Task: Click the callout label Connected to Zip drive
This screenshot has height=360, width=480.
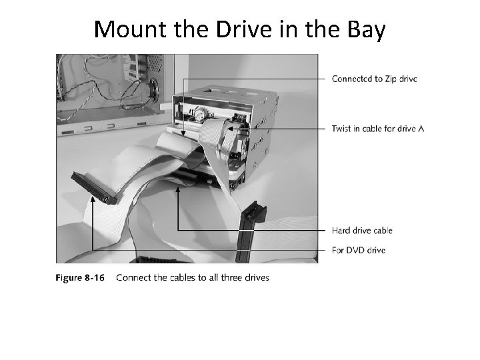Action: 374,79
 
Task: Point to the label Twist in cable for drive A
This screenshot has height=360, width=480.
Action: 377,128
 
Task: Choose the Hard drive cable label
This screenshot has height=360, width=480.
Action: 362,231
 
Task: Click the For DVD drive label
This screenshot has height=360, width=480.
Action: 358,250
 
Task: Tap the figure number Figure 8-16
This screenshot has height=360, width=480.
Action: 79,277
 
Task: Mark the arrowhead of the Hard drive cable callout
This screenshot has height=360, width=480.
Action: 178,189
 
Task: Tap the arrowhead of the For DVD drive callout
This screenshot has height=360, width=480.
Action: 92,198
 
